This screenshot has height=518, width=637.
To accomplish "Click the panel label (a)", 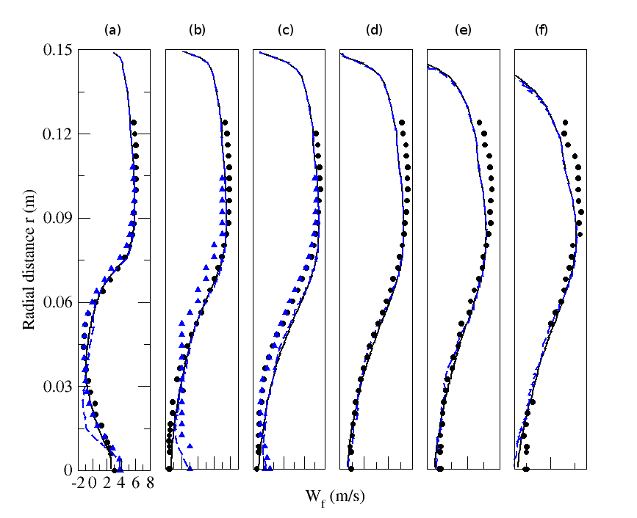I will click(x=112, y=31).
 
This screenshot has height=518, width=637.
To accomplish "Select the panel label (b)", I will click(x=197, y=31).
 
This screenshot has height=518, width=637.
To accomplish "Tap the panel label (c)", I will click(x=286, y=31).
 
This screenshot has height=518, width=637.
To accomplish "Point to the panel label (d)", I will click(x=374, y=31).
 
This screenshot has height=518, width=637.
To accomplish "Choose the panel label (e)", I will click(x=463, y=31).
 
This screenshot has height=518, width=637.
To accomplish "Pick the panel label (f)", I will click(x=544, y=31).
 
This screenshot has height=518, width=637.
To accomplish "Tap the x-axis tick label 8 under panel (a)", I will click(x=150, y=483).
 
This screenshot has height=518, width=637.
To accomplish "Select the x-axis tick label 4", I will click(x=121, y=483).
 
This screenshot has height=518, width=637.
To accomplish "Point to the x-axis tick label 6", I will click(x=136, y=483).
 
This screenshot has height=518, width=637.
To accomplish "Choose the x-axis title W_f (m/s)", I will click(x=335, y=497).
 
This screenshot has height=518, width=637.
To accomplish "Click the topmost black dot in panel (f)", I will click(x=565, y=123).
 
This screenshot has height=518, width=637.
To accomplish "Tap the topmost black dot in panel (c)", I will click(x=316, y=134).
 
